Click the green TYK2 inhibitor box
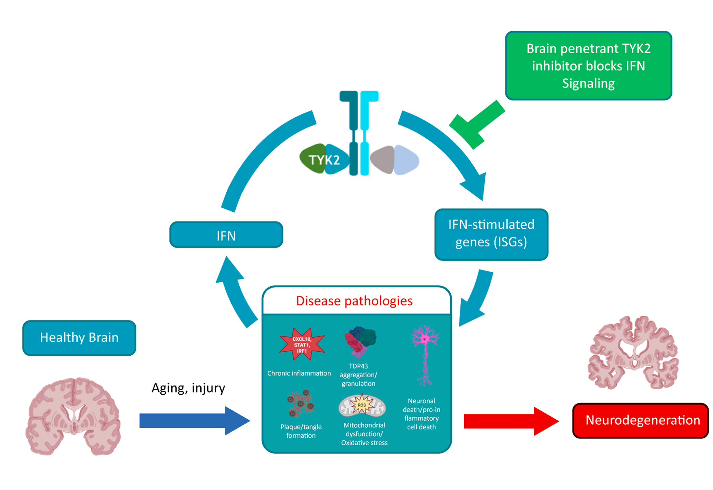click(588, 66)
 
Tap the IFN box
click(226, 235)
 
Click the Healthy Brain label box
click(79, 338)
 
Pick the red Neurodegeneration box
click(640, 420)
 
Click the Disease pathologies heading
click(354, 301)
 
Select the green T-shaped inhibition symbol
click(475, 125)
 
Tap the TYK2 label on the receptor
click(324, 160)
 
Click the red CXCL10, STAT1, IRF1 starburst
click(302, 344)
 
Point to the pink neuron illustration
click(425, 354)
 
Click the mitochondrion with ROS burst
click(362, 406)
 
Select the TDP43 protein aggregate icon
click(360, 341)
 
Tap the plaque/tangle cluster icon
click(301, 404)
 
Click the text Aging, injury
click(188, 388)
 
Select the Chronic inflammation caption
click(299, 373)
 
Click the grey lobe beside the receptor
click(383, 159)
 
